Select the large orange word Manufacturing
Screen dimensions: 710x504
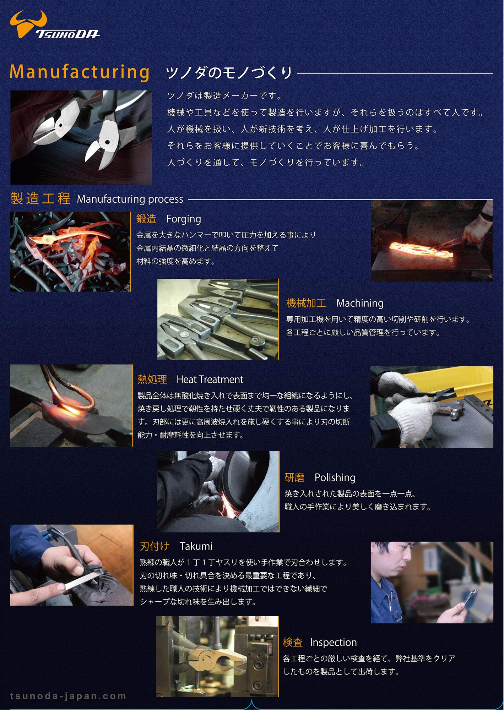[80, 72]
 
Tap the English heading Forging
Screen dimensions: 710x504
[183, 219]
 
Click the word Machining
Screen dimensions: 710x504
[359, 303]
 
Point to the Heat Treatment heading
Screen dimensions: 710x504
[210, 379]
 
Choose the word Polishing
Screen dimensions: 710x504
[335, 477]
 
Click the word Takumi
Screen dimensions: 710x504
[196, 546]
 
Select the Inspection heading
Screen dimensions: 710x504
[333, 642]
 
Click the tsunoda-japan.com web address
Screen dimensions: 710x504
[68, 696]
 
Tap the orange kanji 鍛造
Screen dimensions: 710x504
[146, 219]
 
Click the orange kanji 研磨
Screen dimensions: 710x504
[294, 477]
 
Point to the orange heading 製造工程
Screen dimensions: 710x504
[40, 198]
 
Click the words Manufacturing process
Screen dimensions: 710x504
[130, 199]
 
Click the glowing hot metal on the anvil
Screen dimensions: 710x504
[419, 250]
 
